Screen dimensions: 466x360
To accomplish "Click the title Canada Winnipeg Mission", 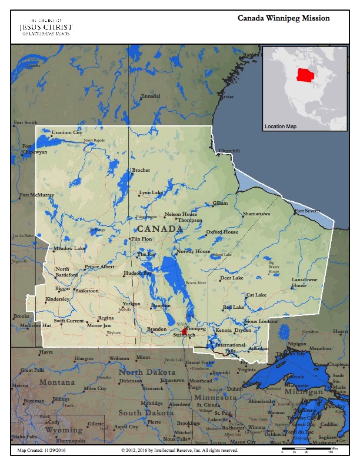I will [284, 18].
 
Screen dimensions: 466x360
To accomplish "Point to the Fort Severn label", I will [308, 211].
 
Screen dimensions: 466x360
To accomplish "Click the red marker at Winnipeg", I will [184, 332].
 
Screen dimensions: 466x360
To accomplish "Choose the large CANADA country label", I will [159, 228].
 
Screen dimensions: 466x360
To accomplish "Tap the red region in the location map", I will [305, 75].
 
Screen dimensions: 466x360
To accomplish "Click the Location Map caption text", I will [281, 127].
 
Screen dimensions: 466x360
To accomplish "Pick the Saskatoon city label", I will [87, 291].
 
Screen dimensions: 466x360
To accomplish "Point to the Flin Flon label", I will [141, 239].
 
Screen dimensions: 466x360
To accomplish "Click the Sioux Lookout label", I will [261, 321].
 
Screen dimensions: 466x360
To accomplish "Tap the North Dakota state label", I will [147, 372].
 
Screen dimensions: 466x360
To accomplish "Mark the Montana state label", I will [56, 382].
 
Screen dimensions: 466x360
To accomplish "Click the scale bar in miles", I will [306, 450].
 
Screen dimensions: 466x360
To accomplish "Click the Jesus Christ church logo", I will [45, 26].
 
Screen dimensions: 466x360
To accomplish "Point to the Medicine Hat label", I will [35, 325].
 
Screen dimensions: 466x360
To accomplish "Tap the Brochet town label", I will [141, 170].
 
